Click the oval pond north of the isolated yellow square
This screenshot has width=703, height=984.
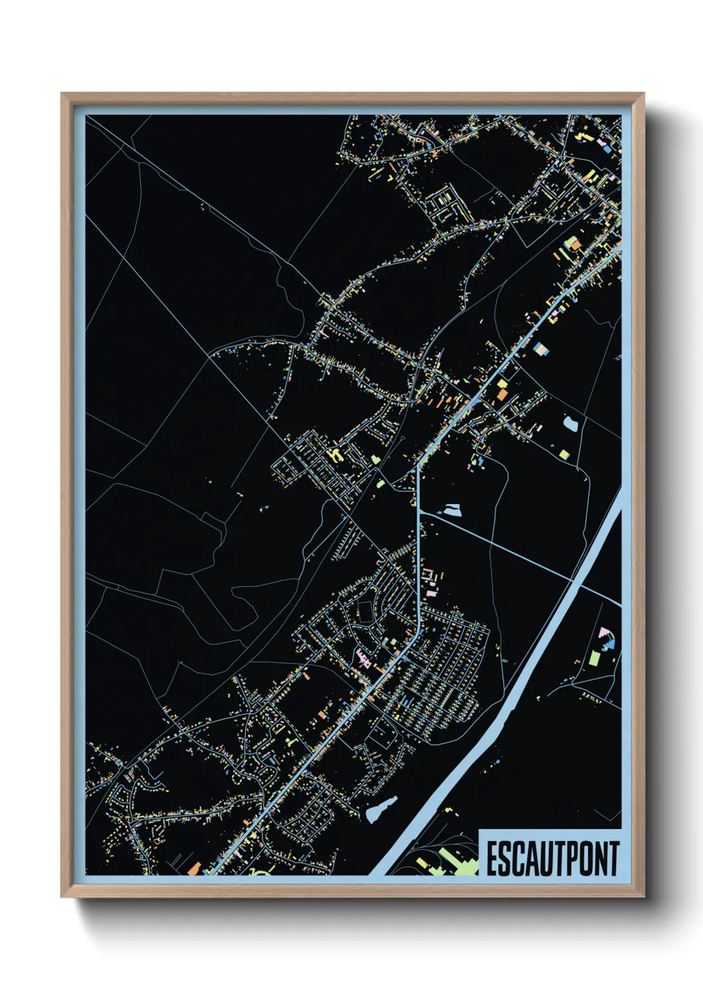click(570, 423)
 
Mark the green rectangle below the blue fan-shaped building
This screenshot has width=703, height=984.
click(595, 658)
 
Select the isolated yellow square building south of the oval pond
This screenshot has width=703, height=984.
click(564, 455)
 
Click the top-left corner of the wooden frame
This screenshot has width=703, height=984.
click(62, 94)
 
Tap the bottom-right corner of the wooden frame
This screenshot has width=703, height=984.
click(643, 896)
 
